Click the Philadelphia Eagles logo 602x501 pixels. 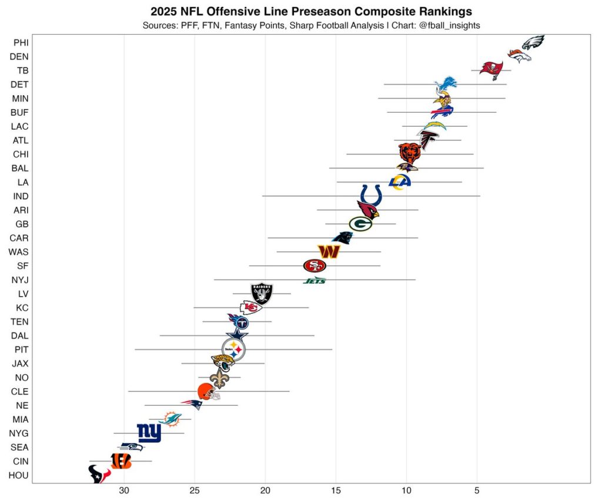[533, 43]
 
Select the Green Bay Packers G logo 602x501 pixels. [360, 224]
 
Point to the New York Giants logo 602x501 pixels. [149, 433]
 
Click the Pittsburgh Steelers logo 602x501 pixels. [233, 350]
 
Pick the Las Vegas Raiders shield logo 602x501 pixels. [262, 293]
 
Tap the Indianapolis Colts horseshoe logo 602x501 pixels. [371, 195]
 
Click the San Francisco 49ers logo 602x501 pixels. [315, 266]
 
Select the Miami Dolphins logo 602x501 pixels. [170, 419]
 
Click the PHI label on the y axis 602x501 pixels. [21, 42]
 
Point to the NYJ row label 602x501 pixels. [20, 280]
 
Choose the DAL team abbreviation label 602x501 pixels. [20, 336]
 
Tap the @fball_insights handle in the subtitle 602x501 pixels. [446, 26]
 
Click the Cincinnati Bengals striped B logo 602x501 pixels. [121, 461]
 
